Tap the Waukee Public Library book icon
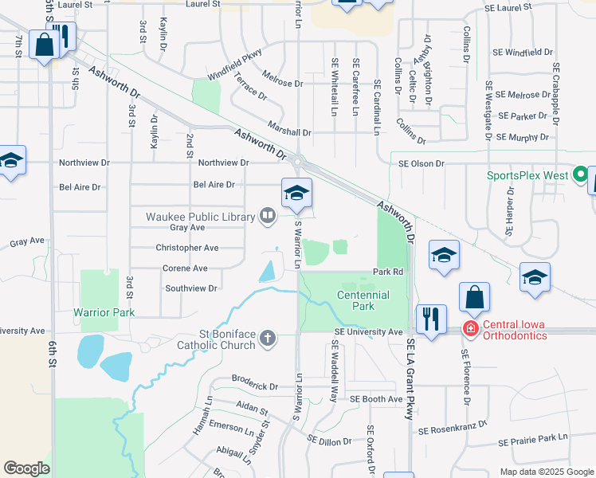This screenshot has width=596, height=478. point(268,216)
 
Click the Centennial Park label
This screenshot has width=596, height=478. point(363,300)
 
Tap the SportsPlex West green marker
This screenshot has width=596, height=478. point(581,174)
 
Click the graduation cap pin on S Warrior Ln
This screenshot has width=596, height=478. point(296,193)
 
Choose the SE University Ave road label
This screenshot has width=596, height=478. point(369,331)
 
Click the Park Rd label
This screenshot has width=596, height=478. point(389,272)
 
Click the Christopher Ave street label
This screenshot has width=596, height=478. point(187,249)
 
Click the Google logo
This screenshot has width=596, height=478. point(26,468)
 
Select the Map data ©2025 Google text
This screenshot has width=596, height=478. point(546,471)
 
